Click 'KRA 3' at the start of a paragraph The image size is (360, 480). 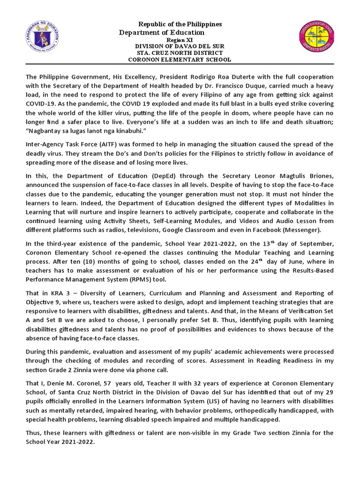(50, 293)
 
